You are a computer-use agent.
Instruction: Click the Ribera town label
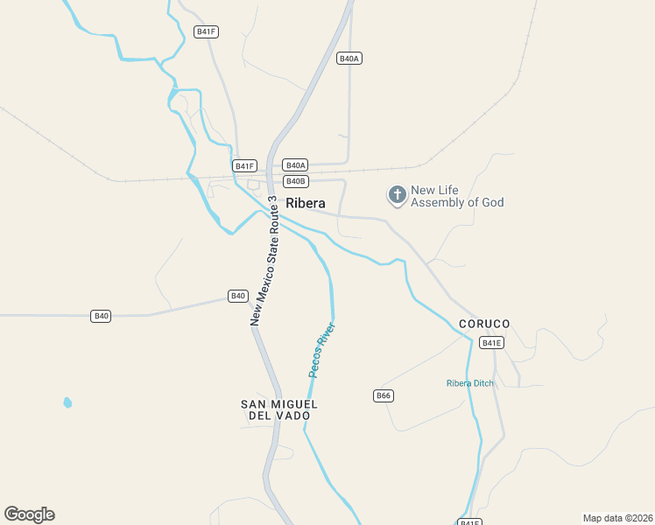[x=306, y=203]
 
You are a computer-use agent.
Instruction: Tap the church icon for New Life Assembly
[x=398, y=195]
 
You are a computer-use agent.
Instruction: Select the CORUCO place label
[x=484, y=324]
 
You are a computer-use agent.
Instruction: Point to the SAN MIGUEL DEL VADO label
[x=278, y=409]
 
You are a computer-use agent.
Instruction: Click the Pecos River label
[x=322, y=350]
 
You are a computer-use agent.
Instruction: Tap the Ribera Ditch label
[x=469, y=383]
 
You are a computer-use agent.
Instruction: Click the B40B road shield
[x=296, y=181]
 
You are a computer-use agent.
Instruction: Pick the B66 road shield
[x=384, y=395]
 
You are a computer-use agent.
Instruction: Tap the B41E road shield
[x=492, y=343]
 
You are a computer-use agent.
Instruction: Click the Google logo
[x=29, y=514]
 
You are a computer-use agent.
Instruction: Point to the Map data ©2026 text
[x=618, y=518]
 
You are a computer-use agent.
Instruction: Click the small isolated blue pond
[x=67, y=402]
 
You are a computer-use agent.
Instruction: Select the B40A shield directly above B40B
[x=295, y=165]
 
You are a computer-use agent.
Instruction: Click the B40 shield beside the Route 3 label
[x=238, y=296]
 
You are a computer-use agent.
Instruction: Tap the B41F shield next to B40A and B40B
[x=244, y=165]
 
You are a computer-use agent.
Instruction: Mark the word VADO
[x=293, y=416]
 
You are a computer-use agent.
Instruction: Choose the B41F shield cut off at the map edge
[x=470, y=521]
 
